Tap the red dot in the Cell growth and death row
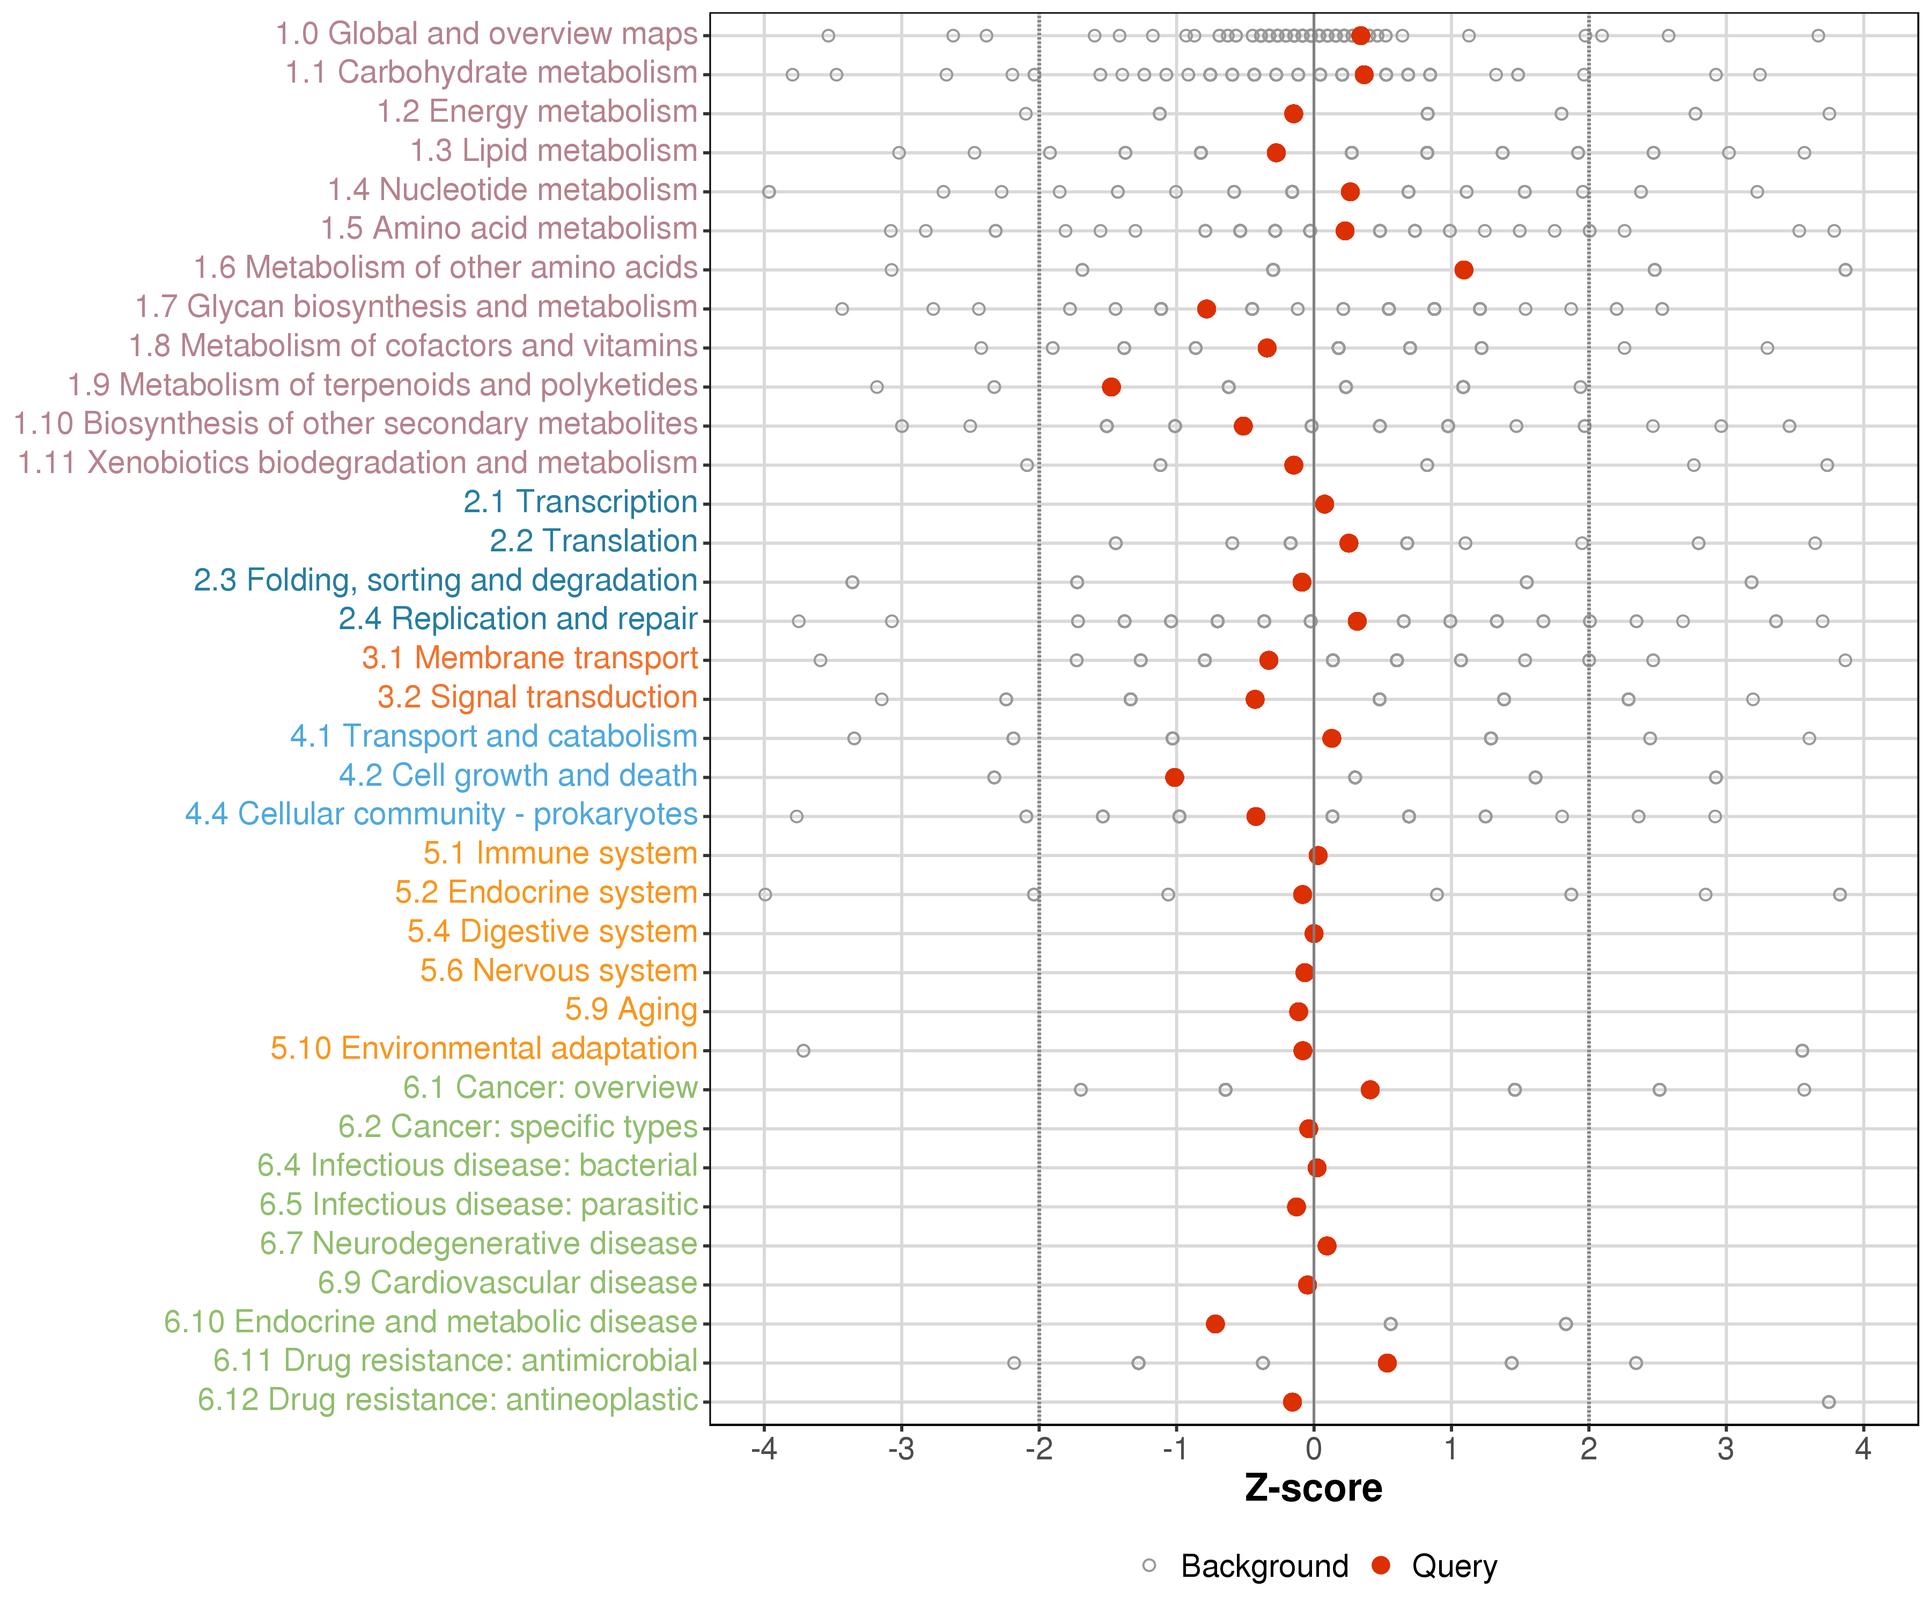coord(1174,778)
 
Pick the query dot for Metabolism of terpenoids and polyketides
coord(1111,387)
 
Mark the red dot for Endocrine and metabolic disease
coord(1215,1324)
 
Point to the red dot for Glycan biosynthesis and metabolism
coord(1206,309)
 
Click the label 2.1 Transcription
coord(580,502)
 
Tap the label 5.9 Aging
coord(631,1009)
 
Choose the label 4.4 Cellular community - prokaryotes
coord(441,815)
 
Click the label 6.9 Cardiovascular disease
coord(507,1282)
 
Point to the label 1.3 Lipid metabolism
coord(554,151)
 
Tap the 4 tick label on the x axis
coord(1863,1450)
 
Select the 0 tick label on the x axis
coord(1313,1450)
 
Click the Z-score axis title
coord(1313,1488)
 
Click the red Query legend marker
coord(1380,1566)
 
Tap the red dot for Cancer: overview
coord(1370,1089)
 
